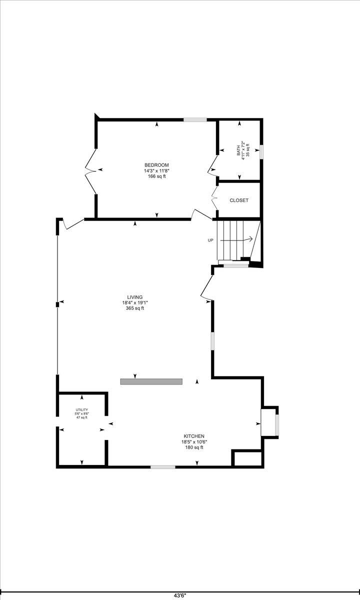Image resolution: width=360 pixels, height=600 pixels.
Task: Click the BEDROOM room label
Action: (x=156, y=165)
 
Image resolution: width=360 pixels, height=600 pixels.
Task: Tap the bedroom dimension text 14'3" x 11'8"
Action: (x=156, y=170)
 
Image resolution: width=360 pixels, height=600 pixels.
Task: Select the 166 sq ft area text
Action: (x=156, y=176)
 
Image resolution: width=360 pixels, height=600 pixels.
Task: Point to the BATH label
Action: (x=238, y=152)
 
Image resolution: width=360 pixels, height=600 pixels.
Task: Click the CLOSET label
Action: (x=239, y=200)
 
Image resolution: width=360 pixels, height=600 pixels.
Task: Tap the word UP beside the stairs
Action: (x=210, y=240)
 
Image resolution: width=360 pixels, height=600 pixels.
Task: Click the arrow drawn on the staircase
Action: (x=236, y=238)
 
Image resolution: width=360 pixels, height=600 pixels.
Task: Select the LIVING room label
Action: (x=134, y=297)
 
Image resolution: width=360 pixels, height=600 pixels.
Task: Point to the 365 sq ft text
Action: (x=134, y=308)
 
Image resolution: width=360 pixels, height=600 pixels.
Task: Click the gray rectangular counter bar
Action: (x=151, y=381)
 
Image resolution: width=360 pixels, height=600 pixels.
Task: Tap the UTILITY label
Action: (x=81, y=409)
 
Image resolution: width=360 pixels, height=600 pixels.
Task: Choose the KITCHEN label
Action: (x=194, y=436)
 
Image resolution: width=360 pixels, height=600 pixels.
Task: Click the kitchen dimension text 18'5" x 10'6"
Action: (x=194, y=441)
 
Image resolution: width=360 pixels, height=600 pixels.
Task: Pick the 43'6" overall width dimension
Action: (x=180, y=595)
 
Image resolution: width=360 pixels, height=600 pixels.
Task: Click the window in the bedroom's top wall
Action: (x=195, y=119)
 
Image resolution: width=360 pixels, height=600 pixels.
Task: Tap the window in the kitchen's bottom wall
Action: (x=163, y=467)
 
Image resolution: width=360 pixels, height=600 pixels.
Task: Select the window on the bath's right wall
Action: (x=261, y=152)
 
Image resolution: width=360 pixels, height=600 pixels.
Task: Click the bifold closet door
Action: (x=214, y=198)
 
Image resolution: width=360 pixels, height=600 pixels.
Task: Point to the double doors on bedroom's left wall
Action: (x=90, y=170)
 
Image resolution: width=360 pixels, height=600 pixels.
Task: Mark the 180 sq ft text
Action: (x=194, y=447)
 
